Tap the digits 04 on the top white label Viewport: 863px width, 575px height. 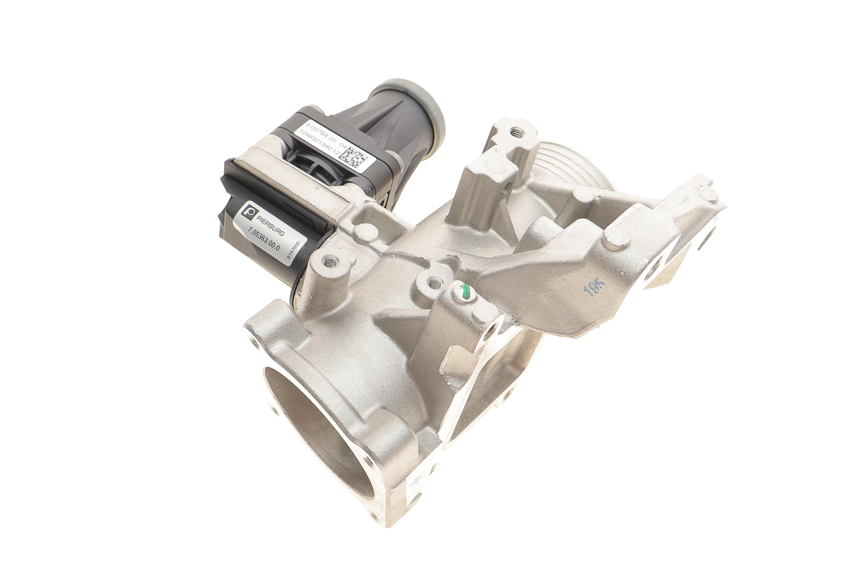343,145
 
